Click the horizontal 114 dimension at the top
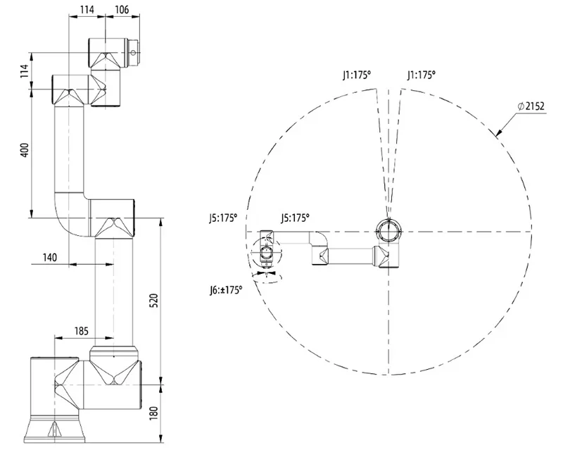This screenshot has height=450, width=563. click(x=87, y=9)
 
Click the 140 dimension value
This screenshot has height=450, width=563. click(x=49, y=258)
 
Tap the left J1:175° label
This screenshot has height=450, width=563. click(x=357, y=74)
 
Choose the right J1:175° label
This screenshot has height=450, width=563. click(x=421, y=74)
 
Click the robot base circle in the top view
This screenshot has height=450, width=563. click(x=388, y=230)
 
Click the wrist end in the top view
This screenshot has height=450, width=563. click(x=267, y=250)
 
